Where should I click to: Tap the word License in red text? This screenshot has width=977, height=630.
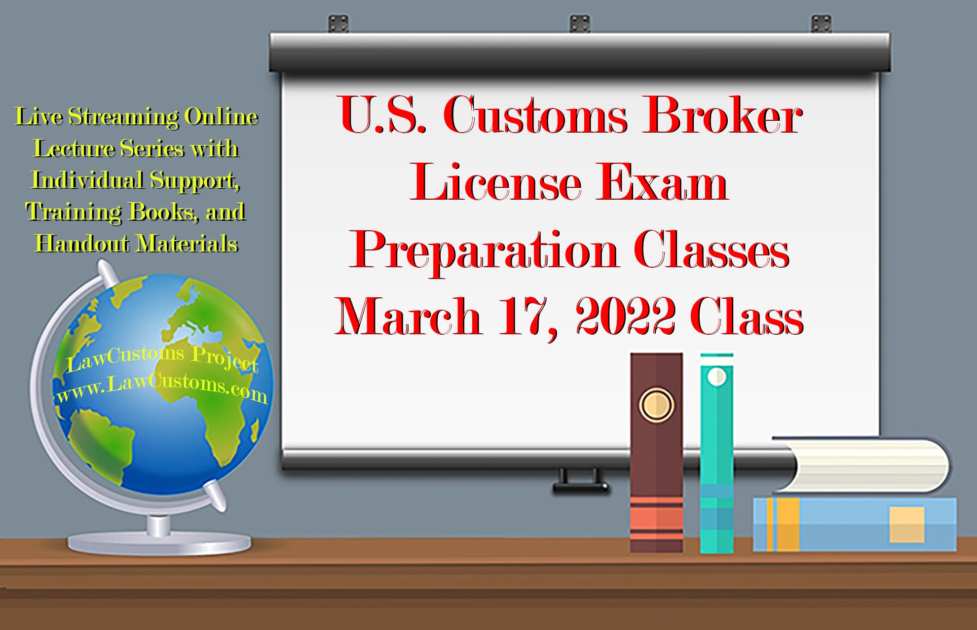pyautogui.click(x=495, y=183)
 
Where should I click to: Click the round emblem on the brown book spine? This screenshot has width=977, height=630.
pyautogui.click(x=656, y=405)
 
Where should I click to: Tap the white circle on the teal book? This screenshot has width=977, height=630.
pyautogui.click(x=716, y=377)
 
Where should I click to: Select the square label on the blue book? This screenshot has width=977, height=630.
pyautogui.click(x=906, y=525)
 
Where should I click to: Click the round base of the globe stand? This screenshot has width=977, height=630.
pyautogui.click(x=159, y=543)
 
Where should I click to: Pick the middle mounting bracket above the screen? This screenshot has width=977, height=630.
pyautogui.click(x=580, y=23)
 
